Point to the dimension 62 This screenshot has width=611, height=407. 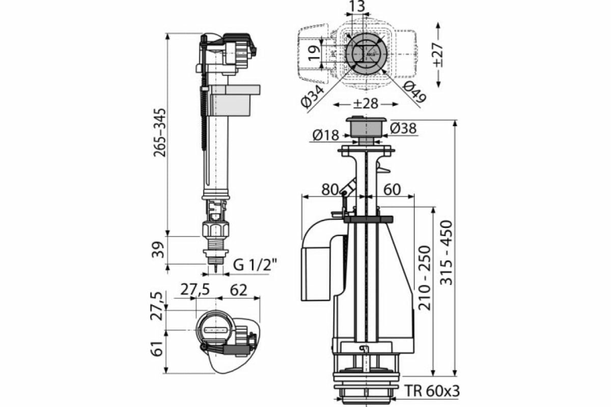pos(238,290)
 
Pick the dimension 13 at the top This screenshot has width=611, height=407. pos(357,7)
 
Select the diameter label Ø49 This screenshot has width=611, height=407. pos(415,94)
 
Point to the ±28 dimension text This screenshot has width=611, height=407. pos(366,104)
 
